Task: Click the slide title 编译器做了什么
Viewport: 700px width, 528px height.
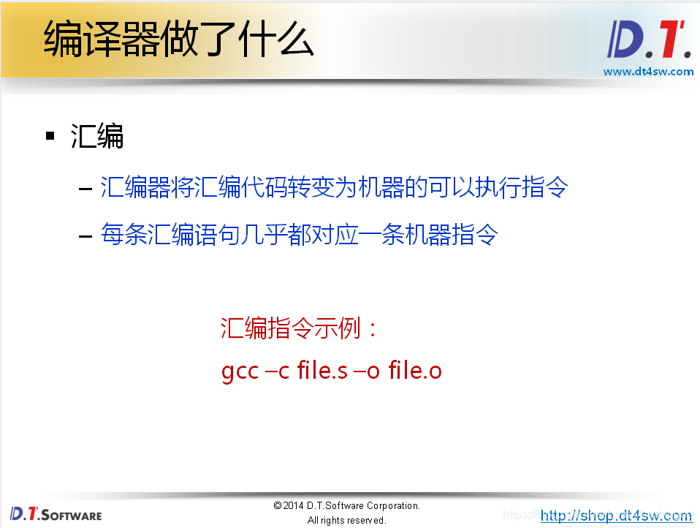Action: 179,39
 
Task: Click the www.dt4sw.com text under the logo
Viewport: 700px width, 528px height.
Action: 648,72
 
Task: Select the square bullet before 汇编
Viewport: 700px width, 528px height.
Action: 50,136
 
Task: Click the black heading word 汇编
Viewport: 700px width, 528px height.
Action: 97,136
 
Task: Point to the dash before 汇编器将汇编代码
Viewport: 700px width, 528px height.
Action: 85,189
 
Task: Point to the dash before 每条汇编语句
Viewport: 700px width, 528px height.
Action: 85,235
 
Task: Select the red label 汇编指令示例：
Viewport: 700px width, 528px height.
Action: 300,329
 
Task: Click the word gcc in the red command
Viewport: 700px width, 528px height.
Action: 240,372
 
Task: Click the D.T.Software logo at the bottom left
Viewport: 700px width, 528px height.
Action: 56,513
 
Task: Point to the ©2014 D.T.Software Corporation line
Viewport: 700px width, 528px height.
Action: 346,506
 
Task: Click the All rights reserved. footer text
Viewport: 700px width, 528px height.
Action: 346,521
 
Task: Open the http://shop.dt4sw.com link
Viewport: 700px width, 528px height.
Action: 617,516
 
